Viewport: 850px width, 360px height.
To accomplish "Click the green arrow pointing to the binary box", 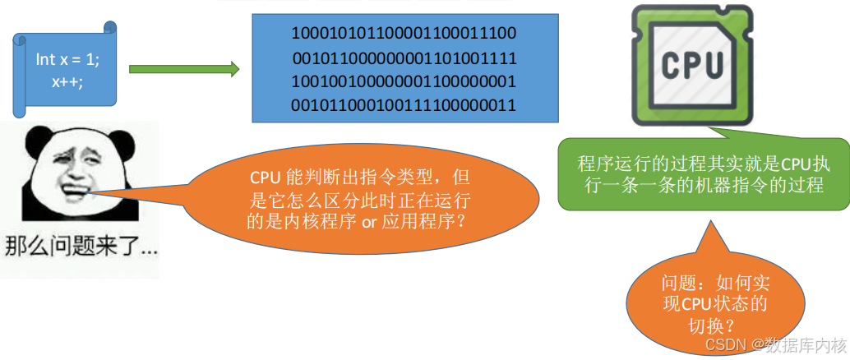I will tap(183, 70).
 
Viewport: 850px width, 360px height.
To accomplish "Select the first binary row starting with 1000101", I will tap(404, 35).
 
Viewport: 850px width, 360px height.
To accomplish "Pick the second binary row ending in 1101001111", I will tap(404, 58).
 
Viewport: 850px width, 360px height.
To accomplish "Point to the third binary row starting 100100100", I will tap(404, 82).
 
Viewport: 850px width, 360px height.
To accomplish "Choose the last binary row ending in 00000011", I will tap(404, 105).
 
